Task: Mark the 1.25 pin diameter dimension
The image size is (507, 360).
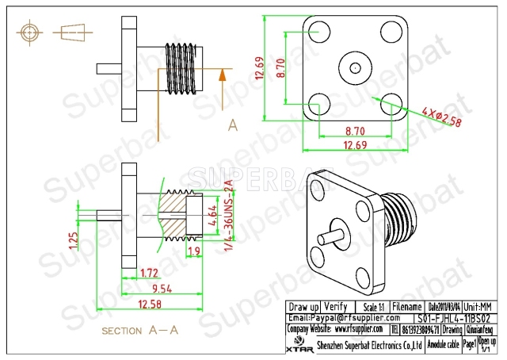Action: coord(73,240)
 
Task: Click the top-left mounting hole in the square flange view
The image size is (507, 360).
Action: coord(319,31)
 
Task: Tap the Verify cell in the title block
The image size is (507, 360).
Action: coord(336,306)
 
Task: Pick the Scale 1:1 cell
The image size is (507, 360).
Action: coord(370,306)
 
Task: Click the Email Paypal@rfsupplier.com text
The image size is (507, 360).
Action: coord(338,317)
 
